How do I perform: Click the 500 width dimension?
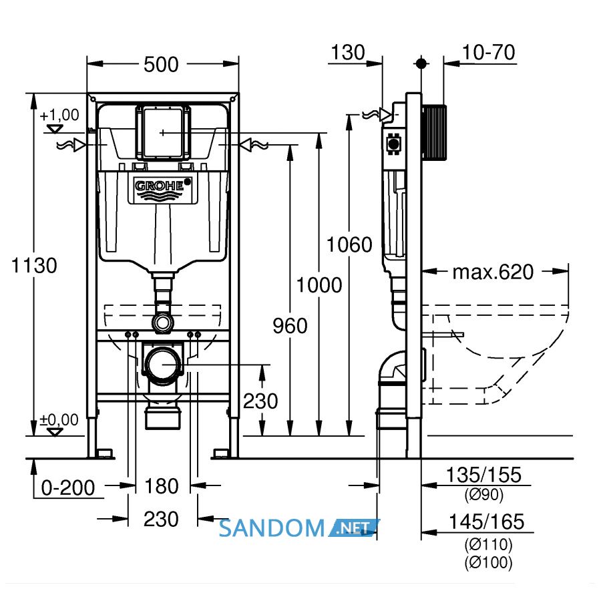[161, 64]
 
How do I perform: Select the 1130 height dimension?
[34, 265]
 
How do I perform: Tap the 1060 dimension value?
[349, 244]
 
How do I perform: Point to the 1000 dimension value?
[319, 284]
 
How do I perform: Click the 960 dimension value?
[290, 326]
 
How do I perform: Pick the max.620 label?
[493, 272]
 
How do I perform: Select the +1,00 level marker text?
[59, 115]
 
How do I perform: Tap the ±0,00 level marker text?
[59, 420]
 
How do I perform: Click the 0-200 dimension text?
[68, 487]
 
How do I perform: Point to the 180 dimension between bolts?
[162, 486]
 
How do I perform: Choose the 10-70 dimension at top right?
[488, 53]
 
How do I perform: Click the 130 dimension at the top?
[348, 53]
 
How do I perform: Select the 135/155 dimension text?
[483, 475]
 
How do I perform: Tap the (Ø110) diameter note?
[488, 544]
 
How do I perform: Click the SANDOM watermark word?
[272, 528]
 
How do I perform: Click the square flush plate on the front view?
[163, 132]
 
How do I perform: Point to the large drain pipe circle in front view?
[162, 365]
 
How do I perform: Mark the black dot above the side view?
[421, 63]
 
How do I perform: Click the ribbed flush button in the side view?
[435, 132]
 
